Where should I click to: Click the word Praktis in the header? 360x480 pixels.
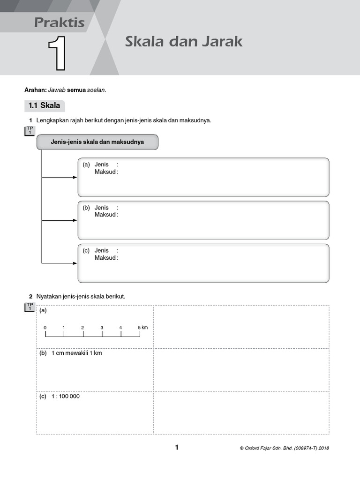(x=59, y=22)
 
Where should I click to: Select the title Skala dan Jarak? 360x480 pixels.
(x=183, y=41)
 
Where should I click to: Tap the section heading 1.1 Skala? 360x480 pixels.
(x=45, y=105)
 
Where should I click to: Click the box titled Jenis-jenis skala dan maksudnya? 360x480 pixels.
(x=97, y=142)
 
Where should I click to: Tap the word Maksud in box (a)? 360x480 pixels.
(x=105, y=172)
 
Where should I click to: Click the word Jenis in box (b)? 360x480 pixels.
(x=102, y=208)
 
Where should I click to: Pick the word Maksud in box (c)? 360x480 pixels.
(x=105, y=258)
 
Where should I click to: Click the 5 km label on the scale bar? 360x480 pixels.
(x=142, y=327)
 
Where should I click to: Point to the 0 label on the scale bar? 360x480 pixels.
(x=45, y=327)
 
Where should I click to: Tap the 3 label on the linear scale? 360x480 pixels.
(x=102, y=327)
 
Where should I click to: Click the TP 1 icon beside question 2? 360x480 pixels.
(x=29, y=307)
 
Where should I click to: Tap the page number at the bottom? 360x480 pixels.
(x=177, y=447)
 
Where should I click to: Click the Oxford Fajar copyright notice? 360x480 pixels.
(x=284, y=448)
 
